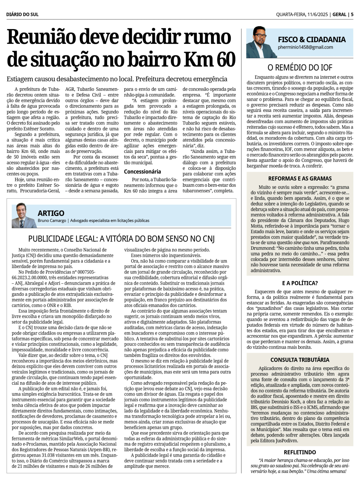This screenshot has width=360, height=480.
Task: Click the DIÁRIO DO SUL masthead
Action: (22, 14)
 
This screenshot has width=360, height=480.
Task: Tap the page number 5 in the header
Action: (352, 14)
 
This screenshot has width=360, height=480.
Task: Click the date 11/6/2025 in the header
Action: (317, 14)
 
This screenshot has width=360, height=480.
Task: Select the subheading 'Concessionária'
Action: (143, 172)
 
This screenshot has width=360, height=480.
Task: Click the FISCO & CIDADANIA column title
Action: (311, 40)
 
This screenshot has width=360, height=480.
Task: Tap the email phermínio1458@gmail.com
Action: (305, 47)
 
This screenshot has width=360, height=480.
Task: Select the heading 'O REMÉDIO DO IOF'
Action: (300, 67)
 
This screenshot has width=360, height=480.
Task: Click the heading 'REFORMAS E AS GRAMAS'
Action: (300, 178)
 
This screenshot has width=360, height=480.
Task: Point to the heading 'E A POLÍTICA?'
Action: (300, 283)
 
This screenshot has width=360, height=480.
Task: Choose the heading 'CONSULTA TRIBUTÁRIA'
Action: (300, 359)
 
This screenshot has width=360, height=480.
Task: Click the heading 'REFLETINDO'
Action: (300, 452)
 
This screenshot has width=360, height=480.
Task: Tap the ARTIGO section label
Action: (51, 213)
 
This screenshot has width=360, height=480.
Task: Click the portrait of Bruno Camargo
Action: (24, 216)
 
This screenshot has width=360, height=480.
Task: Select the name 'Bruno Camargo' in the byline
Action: (52, 221)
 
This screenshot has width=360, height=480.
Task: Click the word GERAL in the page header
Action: (339, 14)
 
